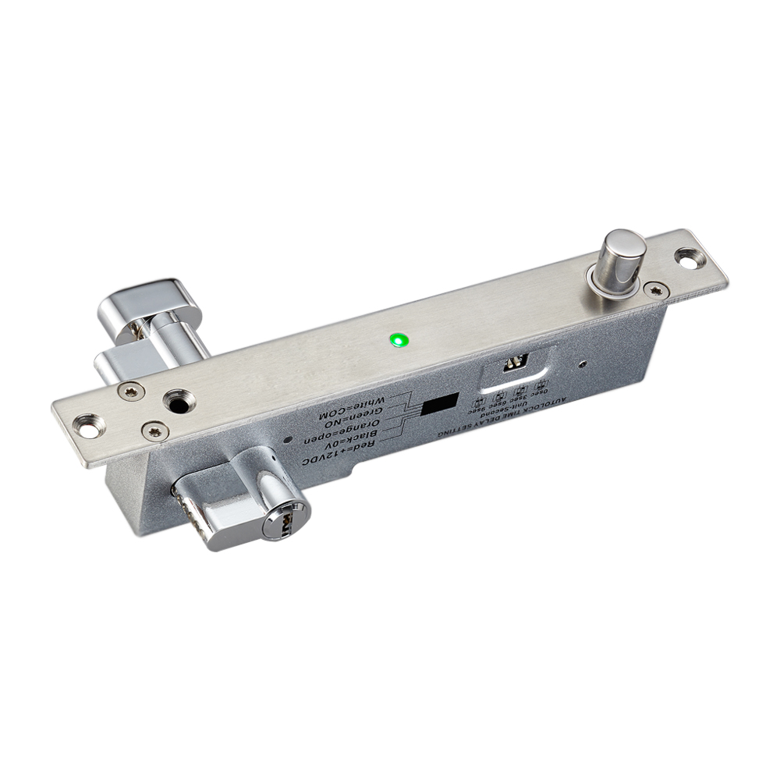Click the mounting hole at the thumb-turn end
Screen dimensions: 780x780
[91, 424]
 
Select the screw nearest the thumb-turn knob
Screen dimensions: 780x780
[130, 391]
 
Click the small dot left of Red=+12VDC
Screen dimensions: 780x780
[290, 441]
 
